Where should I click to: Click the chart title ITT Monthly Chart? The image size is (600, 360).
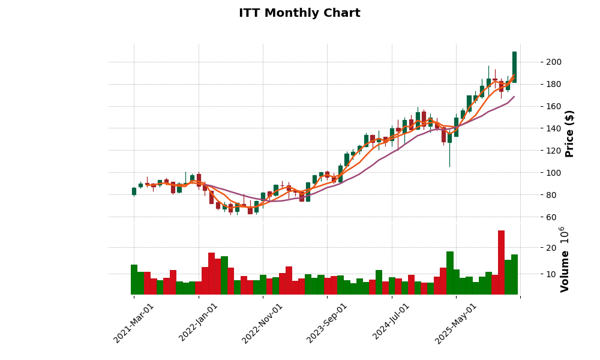(x=299, y=13)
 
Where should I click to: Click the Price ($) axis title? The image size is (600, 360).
(x=569, y=133)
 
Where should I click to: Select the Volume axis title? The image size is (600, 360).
(x=565, y=259)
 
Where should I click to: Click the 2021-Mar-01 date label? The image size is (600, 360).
(x=134, y=323)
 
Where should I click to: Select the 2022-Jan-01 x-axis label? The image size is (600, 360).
(x=199, y=323)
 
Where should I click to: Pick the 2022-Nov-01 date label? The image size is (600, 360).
(x=263, y=323)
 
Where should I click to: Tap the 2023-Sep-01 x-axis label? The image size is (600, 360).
(x=327, y=323)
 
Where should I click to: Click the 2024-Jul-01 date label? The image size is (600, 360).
(x=391, y=323)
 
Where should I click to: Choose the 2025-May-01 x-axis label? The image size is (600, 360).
(x=456, y=323)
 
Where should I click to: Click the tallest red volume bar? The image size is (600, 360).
(x=501, y=262)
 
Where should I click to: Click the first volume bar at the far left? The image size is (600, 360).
(x=134, y=280)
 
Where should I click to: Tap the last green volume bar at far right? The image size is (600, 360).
(x=514, y=274)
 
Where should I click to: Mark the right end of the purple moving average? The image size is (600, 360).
(x=514, y=97)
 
